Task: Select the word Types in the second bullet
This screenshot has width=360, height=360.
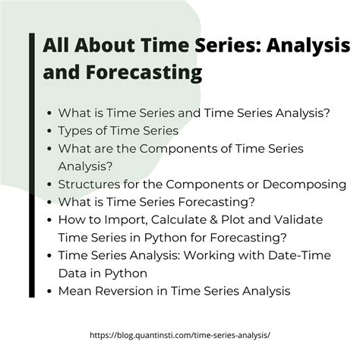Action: pos(73,131)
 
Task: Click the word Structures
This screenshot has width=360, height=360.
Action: pos(89,185)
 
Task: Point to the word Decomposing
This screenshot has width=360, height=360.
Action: pos(305,185)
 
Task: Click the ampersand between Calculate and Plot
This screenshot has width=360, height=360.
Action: pos(213,219)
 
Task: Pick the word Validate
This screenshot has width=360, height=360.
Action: pos(298,219)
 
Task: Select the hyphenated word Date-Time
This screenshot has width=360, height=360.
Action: pos(299,255)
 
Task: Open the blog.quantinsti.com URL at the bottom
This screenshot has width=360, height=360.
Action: pos(180,335)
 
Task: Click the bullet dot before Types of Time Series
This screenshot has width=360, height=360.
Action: pos(49,131)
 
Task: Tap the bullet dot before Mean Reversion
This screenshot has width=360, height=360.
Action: pos(49,292)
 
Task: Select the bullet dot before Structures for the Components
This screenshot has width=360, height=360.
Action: pos(49,185)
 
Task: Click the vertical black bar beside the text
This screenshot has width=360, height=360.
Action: pos(32,165)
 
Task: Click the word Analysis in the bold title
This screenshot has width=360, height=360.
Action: pos(308,46)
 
